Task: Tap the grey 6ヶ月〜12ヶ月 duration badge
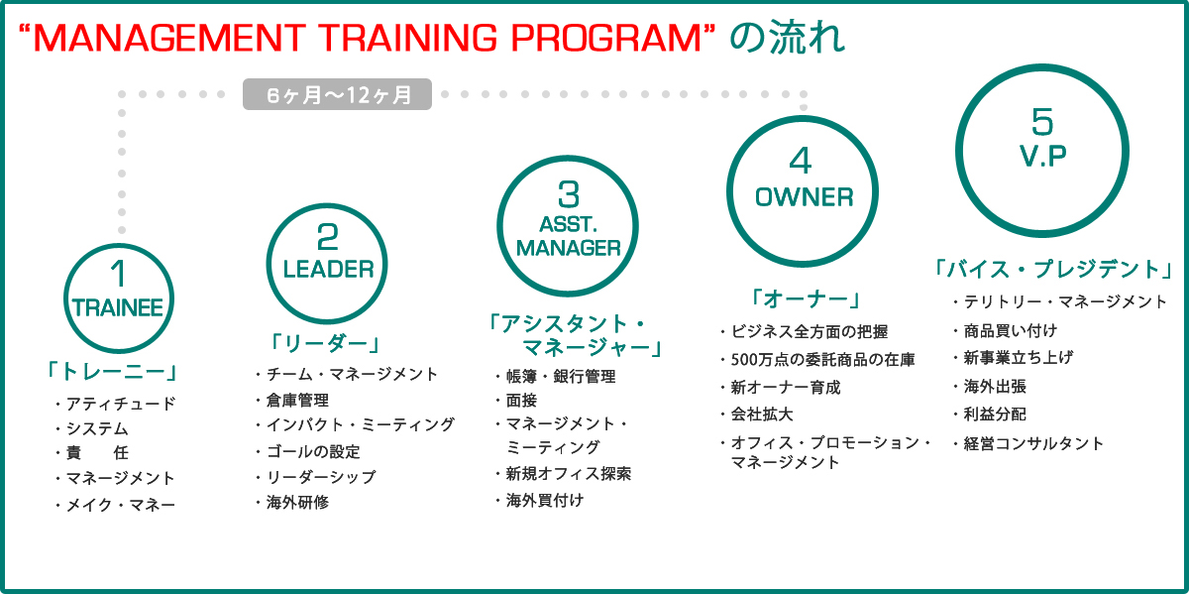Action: click(337, 94)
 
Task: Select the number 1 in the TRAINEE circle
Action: click(118, 274)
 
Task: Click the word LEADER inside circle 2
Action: click(329, 269)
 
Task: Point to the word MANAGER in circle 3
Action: click(568, 248)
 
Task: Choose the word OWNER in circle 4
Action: click(804, 197)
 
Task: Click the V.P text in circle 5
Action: click(1042, 156)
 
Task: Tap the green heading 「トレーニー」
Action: click(112, 372)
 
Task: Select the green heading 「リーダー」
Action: click(325, 343)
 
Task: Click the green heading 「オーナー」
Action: click(806, 298)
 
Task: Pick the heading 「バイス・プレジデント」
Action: click(1053, 269)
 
